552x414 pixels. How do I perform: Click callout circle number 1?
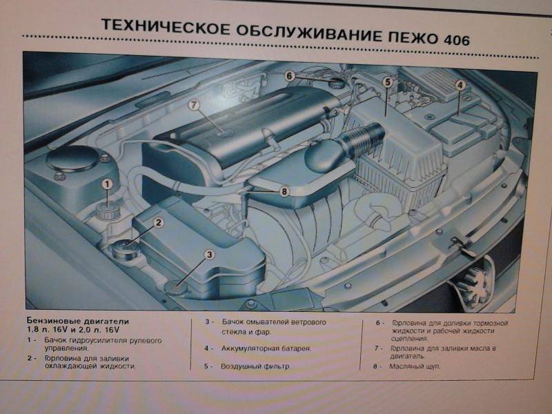pos(108,184)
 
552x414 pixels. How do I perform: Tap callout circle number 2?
pos(159,222)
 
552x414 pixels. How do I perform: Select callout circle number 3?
pos(209,255)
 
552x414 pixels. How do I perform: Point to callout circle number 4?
pos(460,85)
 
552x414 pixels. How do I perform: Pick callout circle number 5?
pos(388,82)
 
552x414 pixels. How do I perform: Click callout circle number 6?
pos(289,76)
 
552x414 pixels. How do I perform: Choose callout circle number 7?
pos(193,105)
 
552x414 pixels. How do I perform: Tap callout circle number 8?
pos(284,192)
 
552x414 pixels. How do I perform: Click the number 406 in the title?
pos(457,39)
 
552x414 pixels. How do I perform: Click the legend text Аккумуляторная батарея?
pos(266,348)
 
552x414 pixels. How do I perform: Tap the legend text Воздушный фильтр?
pos(255,366)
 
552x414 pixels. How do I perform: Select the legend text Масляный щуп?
pos(415,366)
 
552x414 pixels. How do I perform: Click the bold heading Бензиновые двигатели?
pos(78,321)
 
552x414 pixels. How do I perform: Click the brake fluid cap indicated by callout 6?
pos(335,83)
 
